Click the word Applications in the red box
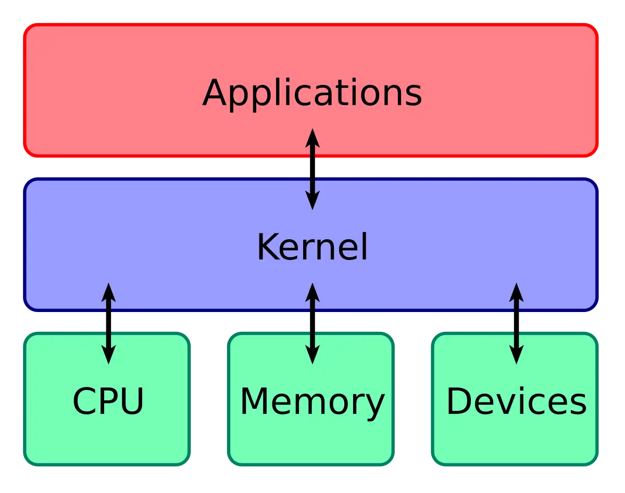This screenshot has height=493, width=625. (x=312, y=94)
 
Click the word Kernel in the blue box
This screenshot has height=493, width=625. (x=312, y=248)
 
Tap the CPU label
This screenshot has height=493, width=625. (x=108, y=401)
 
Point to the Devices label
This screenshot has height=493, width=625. (x=516, y=401)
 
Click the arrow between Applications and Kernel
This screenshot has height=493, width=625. (x=312, y=169)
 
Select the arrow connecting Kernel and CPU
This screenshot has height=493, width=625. (x=108, y=323)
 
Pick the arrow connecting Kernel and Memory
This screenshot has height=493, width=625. (x=312, y=323)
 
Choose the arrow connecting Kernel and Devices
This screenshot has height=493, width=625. (x=516, y=323)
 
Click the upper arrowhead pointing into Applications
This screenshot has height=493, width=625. (x=312, y=138)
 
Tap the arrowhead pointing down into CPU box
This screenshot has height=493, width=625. (x=108, y=355)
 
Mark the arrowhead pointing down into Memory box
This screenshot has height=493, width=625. (x=312, y=355)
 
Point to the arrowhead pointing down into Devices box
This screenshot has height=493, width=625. (x=516, y=355)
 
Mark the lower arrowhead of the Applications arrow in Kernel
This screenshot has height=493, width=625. (x=312, y=200)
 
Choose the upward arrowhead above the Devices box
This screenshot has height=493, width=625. (x=516, y=292)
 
